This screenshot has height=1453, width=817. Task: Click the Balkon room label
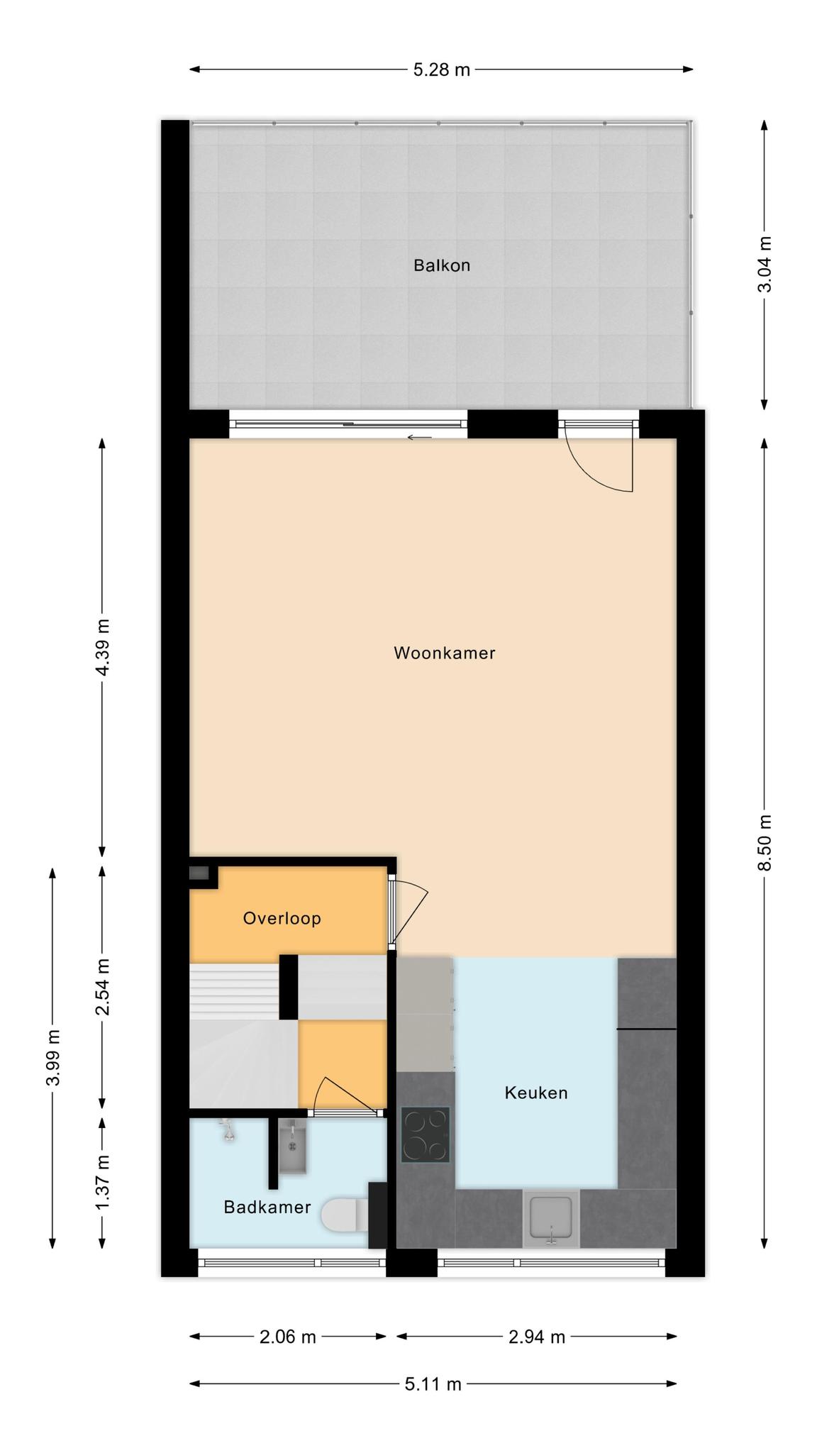(x=442, y=265)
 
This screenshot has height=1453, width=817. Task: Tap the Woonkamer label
(x=445, y=653)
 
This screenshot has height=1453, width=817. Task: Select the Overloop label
(x=282, y=919)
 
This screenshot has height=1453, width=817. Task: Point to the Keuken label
(x=536, y=1093)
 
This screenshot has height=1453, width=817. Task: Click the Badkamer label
(x=267, y=1207)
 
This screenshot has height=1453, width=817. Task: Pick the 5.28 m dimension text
(x=442, y=70)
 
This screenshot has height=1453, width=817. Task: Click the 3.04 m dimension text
(x=765, y=264)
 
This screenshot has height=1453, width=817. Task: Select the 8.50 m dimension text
(x=765, y=843)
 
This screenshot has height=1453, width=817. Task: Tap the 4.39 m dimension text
(x=103, y=648)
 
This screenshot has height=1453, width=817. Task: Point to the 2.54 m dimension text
(x=103, y=987)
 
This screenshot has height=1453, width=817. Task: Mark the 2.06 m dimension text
(x=288, y=1337)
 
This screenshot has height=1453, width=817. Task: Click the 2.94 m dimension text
(x=537, y=1337)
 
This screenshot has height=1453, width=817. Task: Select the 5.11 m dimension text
(x=433, y=1383)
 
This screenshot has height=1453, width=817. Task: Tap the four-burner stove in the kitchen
(x=426, y=1134)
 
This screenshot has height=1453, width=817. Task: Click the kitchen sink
(x=551, y=1218)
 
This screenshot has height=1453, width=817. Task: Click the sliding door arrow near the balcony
(x=419, y=437)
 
